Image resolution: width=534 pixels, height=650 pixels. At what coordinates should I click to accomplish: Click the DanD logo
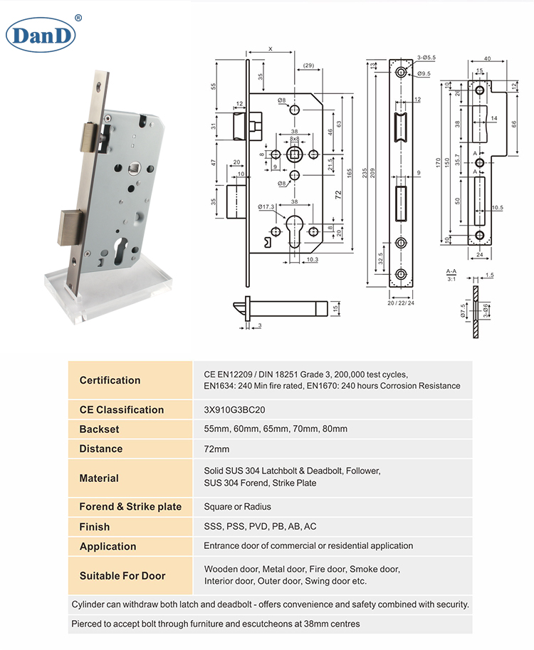[x=40, y=35]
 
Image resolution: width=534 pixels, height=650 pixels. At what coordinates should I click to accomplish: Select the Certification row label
[x=110, y=380]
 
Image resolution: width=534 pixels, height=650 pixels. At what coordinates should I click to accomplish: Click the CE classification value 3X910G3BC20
[x=234, y=409]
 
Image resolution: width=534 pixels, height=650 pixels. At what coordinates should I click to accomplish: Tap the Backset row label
[x=99, y=429]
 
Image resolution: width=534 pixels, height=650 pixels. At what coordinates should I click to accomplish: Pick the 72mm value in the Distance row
[x=216, y=449]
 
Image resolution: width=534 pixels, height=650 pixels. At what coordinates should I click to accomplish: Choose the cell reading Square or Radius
[x=237, y=507]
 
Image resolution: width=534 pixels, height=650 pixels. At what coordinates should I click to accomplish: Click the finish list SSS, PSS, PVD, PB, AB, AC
[x=260, y=527]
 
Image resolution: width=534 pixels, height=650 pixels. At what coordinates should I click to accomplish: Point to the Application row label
[x=108, y=547]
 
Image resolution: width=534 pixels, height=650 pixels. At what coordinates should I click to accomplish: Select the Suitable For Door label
[x=122, y=576]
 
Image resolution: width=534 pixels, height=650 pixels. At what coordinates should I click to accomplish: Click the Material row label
[x=99, y=478]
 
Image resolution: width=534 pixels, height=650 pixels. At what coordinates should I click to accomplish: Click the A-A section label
[x=451, y=272]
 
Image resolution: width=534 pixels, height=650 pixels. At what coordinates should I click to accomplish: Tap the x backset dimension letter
[x=271, y=48]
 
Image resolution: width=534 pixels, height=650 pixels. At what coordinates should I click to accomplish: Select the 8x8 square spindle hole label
[x=294, y=140]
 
